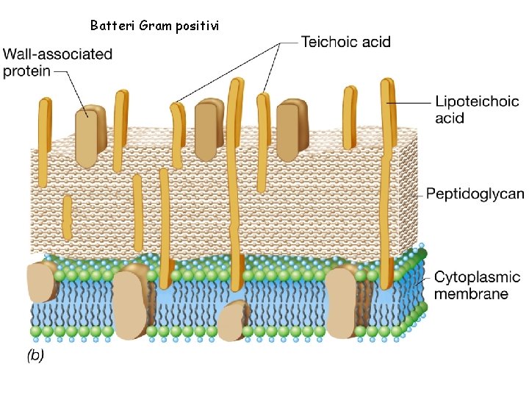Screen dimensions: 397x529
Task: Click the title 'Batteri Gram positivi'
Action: tap(154, 26)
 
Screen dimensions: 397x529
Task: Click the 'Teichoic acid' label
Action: tap(346, 42)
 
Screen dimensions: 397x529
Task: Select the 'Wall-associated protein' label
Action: tap(58, 62)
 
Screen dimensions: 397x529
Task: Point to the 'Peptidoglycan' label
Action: tap(475, 194)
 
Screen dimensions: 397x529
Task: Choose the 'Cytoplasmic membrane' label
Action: tap(477, 285)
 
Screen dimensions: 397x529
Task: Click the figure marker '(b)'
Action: tap(35, 355)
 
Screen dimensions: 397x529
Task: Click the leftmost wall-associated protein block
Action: tap(91, 138)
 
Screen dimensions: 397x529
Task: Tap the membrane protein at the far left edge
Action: tap(41, 282)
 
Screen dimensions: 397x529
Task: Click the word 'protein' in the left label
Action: tap(27, 71)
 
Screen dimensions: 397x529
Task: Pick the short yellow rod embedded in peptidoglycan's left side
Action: tap(67, 217)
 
